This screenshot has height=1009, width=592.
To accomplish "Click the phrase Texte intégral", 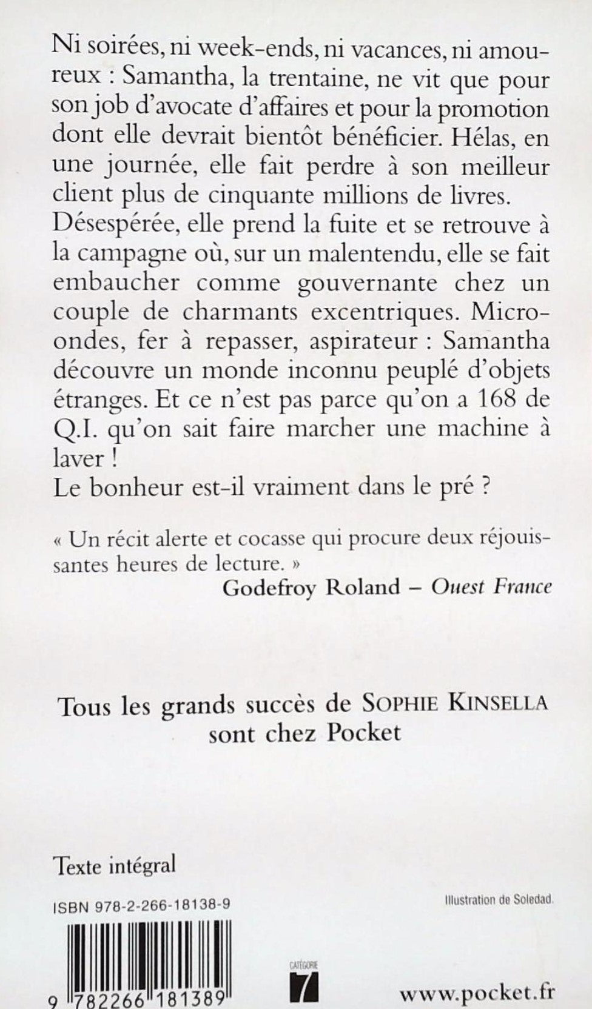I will tap(114, 865).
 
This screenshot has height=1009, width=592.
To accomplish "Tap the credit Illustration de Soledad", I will tap(496, 901).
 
